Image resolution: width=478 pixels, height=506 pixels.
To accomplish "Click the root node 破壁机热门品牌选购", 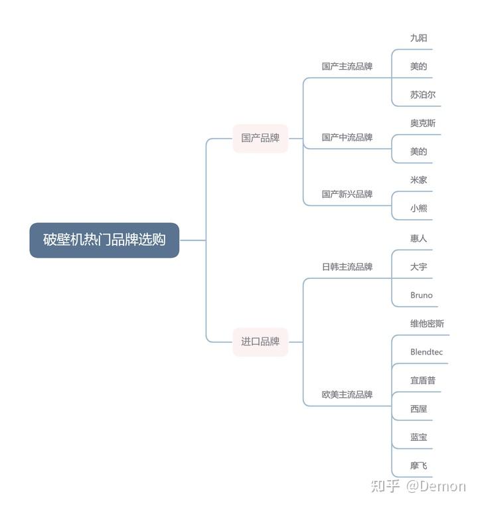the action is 104,240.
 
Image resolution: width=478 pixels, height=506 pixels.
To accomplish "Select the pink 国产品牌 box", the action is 260,138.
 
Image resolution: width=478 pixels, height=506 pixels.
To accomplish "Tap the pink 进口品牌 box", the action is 260,342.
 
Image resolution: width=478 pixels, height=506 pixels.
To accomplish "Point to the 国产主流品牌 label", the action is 347,66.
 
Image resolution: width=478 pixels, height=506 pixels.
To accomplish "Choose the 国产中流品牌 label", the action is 347,137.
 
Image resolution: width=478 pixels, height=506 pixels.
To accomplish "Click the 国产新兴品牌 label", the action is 347,195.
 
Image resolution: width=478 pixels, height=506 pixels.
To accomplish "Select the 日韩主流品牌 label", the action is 347,267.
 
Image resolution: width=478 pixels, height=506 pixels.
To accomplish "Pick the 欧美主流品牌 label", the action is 347,394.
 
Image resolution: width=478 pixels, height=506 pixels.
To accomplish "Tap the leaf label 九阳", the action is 419,38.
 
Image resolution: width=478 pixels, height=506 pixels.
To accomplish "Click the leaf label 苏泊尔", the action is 423,95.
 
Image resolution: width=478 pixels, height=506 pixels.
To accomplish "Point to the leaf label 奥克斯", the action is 423,124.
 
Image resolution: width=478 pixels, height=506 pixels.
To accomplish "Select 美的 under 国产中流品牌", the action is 419,151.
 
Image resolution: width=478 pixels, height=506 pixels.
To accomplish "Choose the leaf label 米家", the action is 419,180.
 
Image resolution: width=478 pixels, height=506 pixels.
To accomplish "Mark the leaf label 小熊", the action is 419,209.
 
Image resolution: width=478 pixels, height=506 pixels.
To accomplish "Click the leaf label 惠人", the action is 419,238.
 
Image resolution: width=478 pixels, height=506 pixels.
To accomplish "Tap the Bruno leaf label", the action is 421,295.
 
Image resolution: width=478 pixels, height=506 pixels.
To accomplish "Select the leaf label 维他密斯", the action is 427,323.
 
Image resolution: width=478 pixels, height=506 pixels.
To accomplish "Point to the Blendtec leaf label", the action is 426,352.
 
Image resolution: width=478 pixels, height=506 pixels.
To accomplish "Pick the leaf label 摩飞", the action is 419,465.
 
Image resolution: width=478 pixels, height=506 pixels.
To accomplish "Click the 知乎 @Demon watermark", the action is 418,486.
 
